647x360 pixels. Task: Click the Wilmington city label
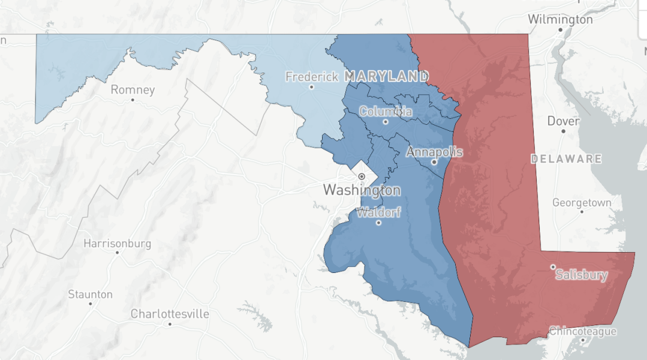pyautogui.click(x=560, y=19)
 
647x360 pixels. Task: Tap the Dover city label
pyautogui.click(x=563, y=121)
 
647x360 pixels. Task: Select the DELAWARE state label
pyautogui.click(x=566, y=159)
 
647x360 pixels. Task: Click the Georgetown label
pyautogui.click(x=582, y=203)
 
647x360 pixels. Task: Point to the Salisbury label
pyautogui.click(x=581, y=275)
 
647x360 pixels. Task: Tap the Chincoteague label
pyautogui.click(x=583, y=331)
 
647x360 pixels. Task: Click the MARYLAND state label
pyautogui.click(x=386, y=77)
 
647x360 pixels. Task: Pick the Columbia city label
pyautogui.click(x=386, y=112)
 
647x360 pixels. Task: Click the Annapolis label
pyautogui.click(x=435, y=152)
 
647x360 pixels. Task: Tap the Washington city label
pyautogui.click(x=362, y=190)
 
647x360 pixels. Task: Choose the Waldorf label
pyautogui.click(x=378, y=213)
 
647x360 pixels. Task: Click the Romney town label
pyautogui.click(x=133, y=90)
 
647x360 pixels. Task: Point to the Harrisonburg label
pyautogui.click(x=117, y=244)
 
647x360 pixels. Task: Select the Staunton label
pyautogui.click(x=90, y=294)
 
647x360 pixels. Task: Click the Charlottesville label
pyautogui.click(x=170, y=314)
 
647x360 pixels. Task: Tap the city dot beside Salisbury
pyautogui.click(x=553, y=267)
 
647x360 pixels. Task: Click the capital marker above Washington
pyautogui.click(x=362, y=176)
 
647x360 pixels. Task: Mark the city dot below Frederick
pyautogui.click(x=311, y=87)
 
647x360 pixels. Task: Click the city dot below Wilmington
pyautogui.click(x=560, y=29)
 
